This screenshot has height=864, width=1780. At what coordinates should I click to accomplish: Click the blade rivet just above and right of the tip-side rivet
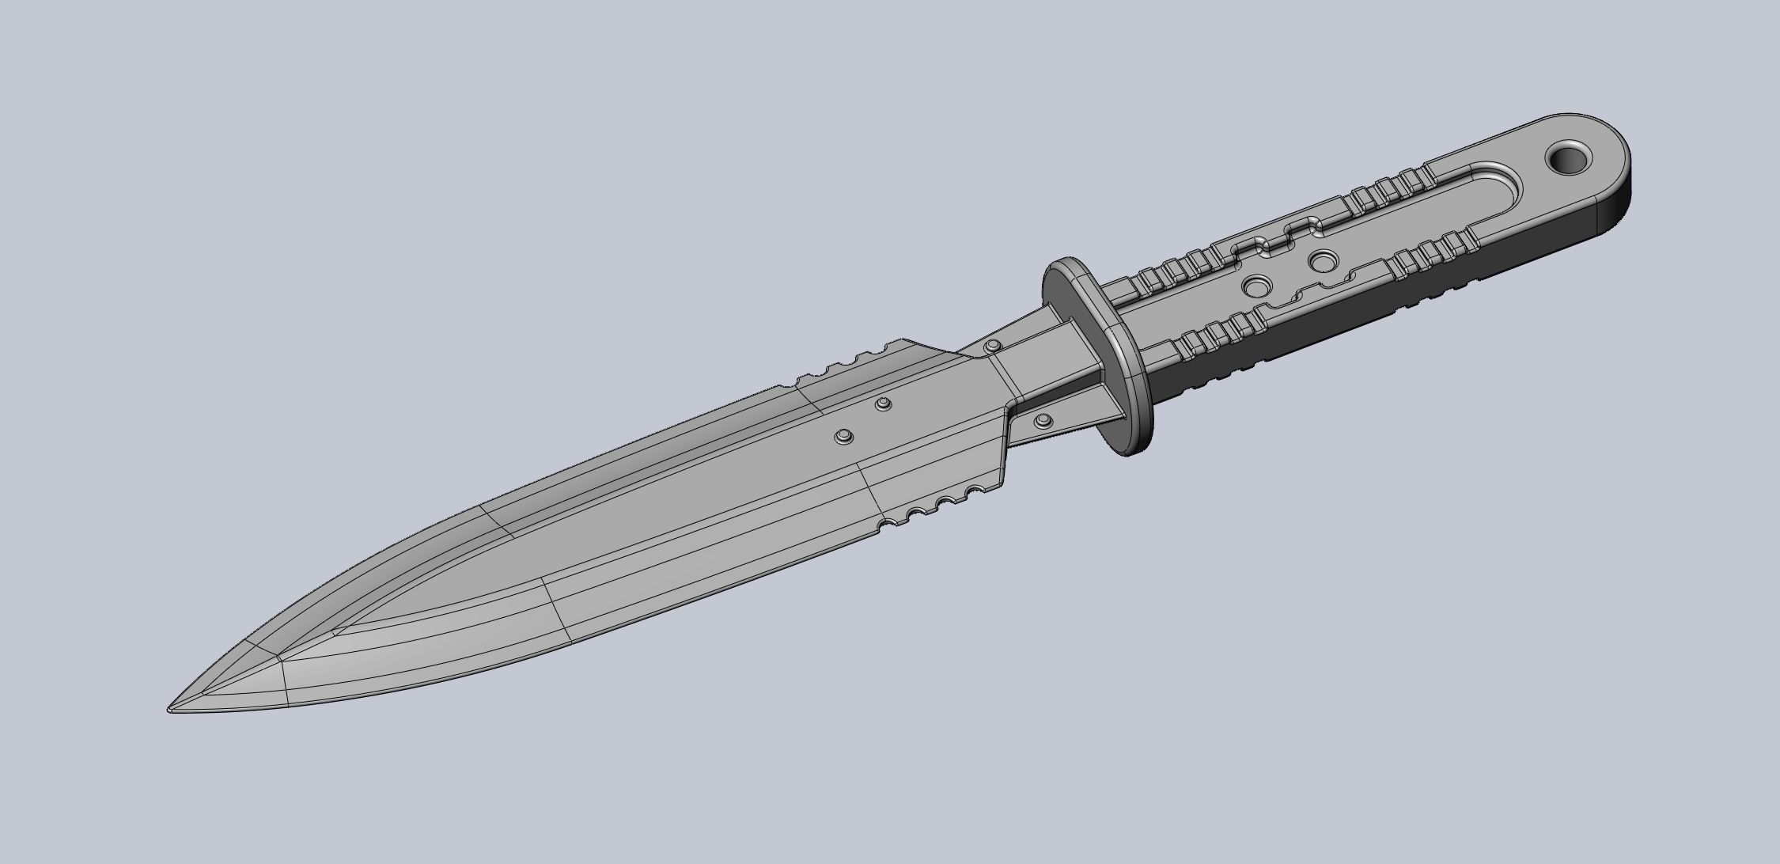point(884,405)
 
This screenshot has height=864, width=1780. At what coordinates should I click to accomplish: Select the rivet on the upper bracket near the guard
point(991,345)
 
